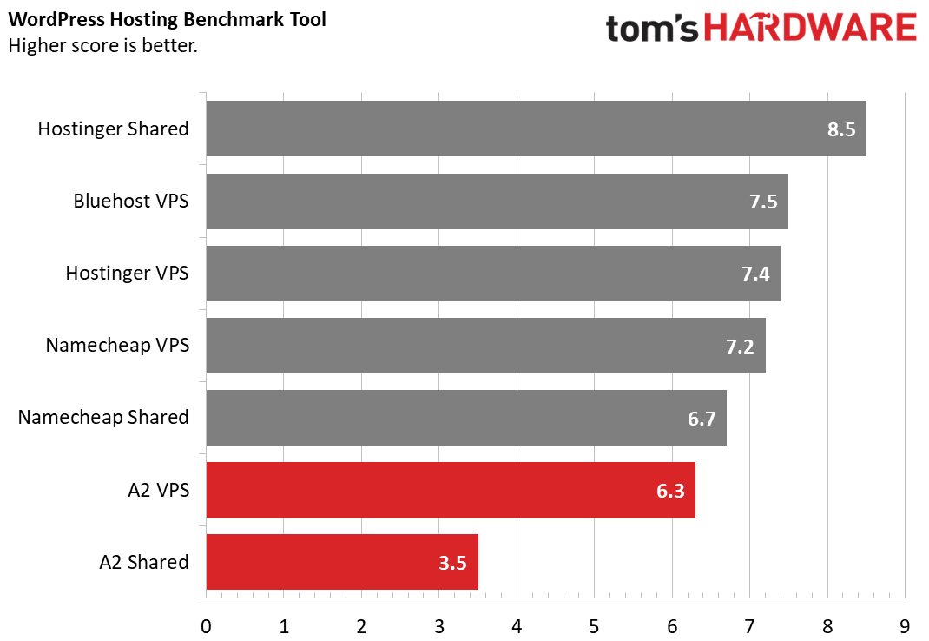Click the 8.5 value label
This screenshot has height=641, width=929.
point(841,130)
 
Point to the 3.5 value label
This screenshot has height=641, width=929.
point(452,563)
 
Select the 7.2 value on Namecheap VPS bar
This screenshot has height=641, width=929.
point(740,347)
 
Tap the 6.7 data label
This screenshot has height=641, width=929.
point(701,419)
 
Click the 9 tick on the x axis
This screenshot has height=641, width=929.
point(905,625)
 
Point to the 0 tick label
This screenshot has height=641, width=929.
point(206,625)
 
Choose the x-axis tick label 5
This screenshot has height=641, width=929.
point(594,625)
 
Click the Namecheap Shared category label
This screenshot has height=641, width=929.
point(103,418)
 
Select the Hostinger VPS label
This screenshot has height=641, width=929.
point(127,274)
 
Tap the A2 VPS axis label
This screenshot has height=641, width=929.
point(157,490)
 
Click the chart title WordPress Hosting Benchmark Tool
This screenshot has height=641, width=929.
point(168,19)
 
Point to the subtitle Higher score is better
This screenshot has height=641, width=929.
point(102,45)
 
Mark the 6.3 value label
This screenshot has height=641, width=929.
point(669,491)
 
